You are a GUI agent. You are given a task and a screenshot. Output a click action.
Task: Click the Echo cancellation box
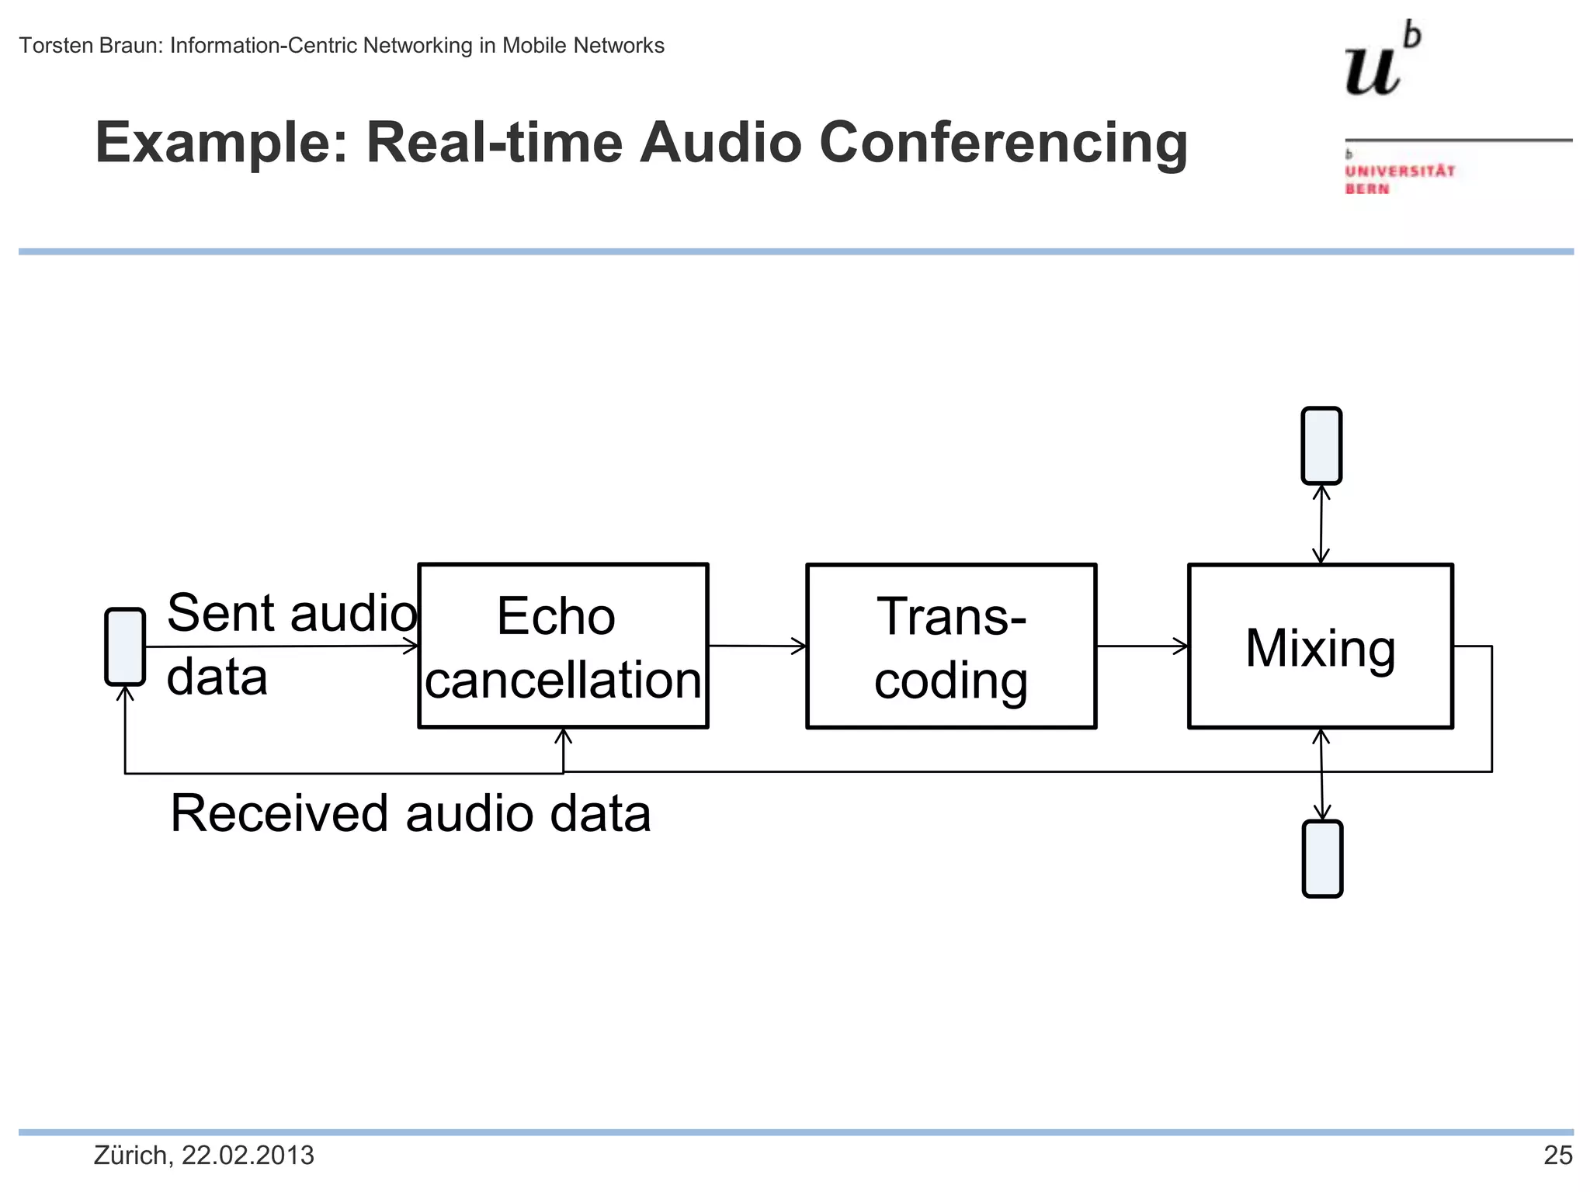pos(563,646)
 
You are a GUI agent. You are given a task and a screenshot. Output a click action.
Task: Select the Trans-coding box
pos(951,646)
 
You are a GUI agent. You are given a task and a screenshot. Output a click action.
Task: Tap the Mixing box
pos(1320,646)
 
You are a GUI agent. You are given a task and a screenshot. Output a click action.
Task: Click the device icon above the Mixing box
pos(1321,445)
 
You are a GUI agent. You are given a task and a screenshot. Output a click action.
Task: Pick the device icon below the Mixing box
pos(1322,858)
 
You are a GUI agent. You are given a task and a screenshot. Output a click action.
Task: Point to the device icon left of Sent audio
pos(125,646)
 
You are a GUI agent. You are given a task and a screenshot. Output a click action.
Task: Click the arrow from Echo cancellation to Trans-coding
pos(757,646)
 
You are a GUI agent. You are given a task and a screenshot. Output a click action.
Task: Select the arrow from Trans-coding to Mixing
pos(1141,646)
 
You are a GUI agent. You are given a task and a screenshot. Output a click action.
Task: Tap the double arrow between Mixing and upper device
pos(1321,524)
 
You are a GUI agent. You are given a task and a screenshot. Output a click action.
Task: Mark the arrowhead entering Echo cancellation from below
pos(564,736)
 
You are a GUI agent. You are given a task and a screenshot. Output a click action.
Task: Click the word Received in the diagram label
pos(279,813)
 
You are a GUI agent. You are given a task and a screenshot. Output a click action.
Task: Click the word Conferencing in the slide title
pos(1003,143)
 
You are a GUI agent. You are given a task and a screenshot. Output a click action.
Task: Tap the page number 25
pos(1557,1156)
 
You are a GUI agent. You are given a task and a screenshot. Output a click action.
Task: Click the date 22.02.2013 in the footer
pos(248,1156)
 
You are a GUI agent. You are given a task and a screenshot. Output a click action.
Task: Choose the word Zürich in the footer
pos(130,1156)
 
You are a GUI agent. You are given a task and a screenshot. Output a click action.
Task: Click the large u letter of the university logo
pos(1372,70)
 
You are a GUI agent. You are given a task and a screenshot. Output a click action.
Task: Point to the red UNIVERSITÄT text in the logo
pos(1400,172)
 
